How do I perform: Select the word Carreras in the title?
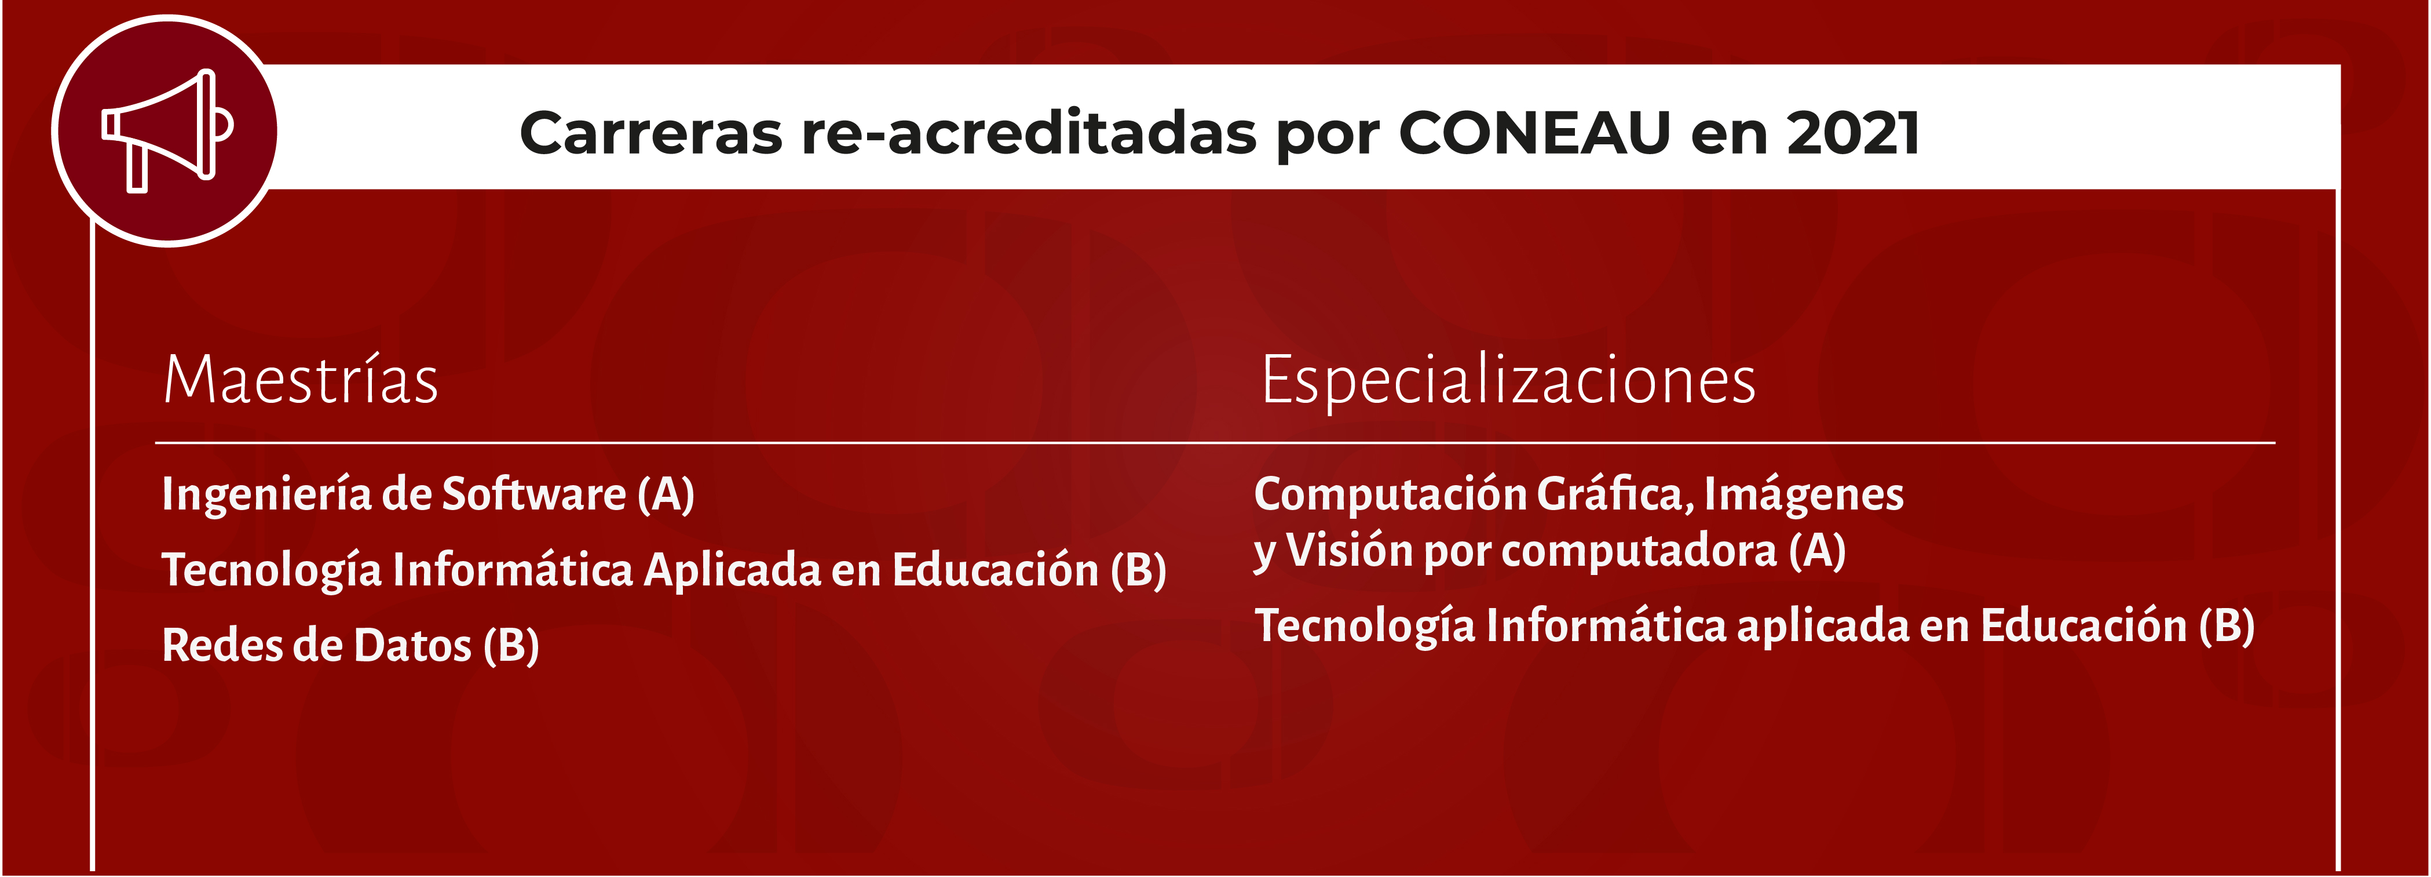pyautogui.click(x=650, y=133)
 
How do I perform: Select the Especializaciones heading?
pyautogui.click(x=1508, y=380)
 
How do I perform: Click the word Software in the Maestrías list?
pyautogui.click(x=533, y=494)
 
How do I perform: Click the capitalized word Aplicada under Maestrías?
pyautogui.click(x=732, y=570)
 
